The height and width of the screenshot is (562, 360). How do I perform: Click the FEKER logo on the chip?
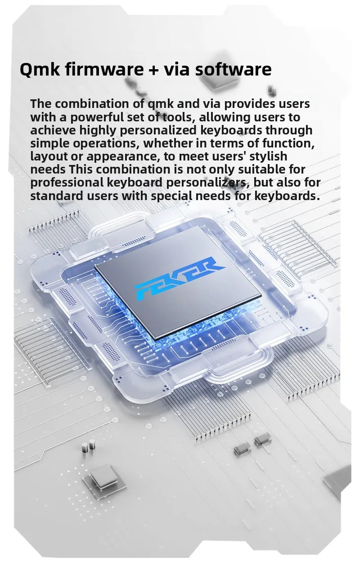(x=179, y=278)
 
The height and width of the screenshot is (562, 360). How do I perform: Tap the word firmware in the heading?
(x=104, y=69)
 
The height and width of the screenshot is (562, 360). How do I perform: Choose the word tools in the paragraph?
(x=179, y=117)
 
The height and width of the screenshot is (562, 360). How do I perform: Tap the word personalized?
(x=158, y=130)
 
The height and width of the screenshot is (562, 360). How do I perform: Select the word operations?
(x=108, y=143)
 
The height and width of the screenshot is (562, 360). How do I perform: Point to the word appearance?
(x=125, y=156)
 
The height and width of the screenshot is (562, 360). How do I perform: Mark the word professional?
(x=67, y=183)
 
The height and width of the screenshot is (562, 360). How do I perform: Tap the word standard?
(x=57, y=196)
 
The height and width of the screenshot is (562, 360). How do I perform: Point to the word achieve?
(x=53, y=130)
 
